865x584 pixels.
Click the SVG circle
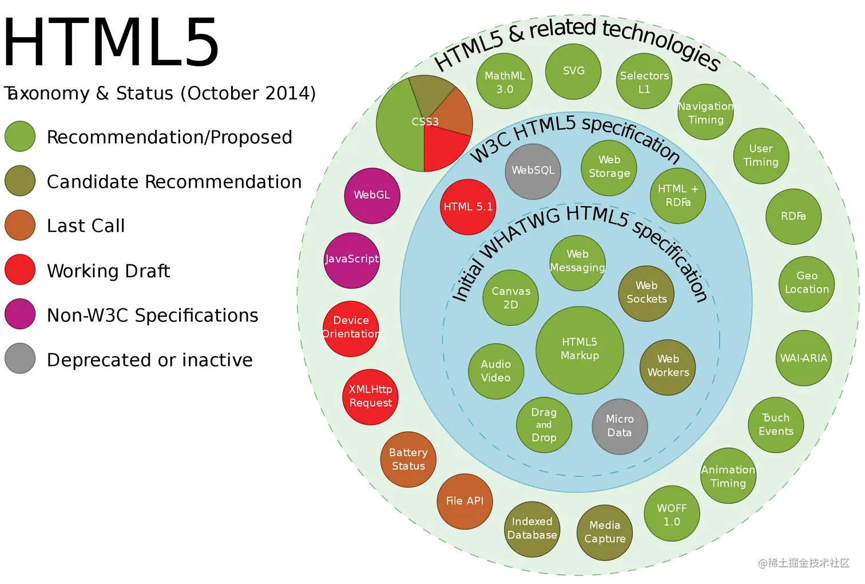pyautogui.click(x=573, y=72)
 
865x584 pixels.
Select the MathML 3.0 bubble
pyautogui.click(x=505, y=82)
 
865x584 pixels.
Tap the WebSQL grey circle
pyautogui.click(x=533, y=171)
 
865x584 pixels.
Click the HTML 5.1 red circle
pyautogui.click(x=468, y=207)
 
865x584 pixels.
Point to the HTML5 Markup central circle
pyautogui.click(x=580, y=349)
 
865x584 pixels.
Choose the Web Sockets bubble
pyautogui.click(x=646, y=293)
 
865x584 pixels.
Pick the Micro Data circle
pyautogui.click(x=620, y=426)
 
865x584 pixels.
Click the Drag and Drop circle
pyautogui.click(x=543, y=425)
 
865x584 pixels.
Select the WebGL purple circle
pyautogui.click(x=372, y=195)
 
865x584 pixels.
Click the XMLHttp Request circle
pyautogui.click(x=371, y=396)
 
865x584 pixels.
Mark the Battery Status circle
pyautogui.click(x=408, y=459)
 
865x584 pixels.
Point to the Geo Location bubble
pyautogui.click(x=807, y=283)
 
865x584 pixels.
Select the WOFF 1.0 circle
pyautogui.click(x=672, y=515)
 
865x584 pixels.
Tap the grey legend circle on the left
pyautogui.click(x=21, y=358)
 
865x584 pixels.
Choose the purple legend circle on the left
pyautogui.click(x=21, y=314)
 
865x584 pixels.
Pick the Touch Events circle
pyautogui.click(x=776, y=425)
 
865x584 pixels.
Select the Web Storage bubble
pyautogui.click(x=609, y=167)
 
